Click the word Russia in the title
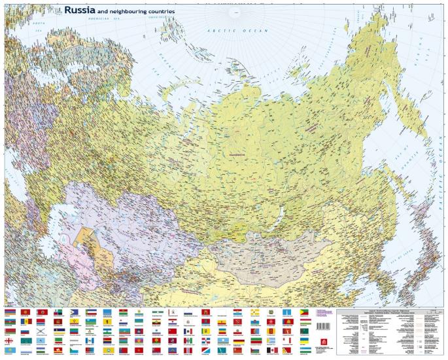click(80, 10)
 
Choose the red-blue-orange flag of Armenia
click(10, 313)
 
